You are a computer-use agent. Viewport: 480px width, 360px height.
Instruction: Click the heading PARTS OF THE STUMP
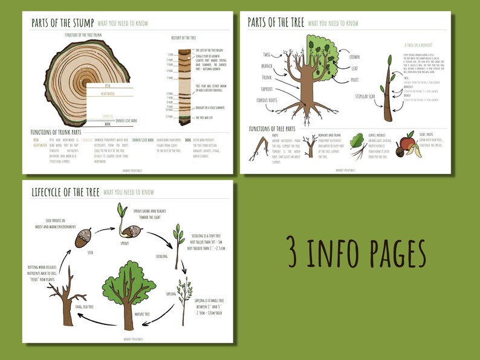click(63, 23)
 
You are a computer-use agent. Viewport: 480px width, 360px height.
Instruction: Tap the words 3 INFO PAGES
click(357, 254)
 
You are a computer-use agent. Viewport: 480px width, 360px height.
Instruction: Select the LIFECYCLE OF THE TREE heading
click(66, 192)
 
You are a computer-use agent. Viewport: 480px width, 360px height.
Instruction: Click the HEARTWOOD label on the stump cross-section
click(108, 94)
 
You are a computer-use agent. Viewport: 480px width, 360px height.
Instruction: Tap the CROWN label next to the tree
click(354, 57)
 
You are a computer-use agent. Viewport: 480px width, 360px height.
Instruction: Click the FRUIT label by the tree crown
click(355, 79)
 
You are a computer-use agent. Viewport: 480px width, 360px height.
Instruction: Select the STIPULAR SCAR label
click(366, 96)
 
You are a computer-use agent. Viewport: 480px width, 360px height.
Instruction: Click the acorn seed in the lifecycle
click(83, 240)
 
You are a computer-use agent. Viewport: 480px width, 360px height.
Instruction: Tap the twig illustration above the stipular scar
click(388, 85)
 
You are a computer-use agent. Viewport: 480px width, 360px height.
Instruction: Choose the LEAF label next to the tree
click(355, 68)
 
